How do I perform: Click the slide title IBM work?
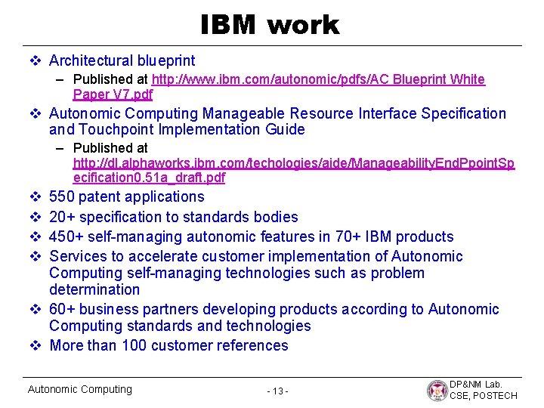point(270,25)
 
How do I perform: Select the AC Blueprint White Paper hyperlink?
point(318,79)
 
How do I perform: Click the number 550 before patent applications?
point(61,197)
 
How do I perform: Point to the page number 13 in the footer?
point(277,391)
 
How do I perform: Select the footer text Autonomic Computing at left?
point(79,389)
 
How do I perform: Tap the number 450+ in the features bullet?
point(66,236)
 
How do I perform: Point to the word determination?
point(94,289)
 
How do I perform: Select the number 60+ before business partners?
point(62,309)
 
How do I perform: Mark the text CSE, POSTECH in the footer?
point(484,396)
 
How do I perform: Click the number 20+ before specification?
point(62,217)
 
